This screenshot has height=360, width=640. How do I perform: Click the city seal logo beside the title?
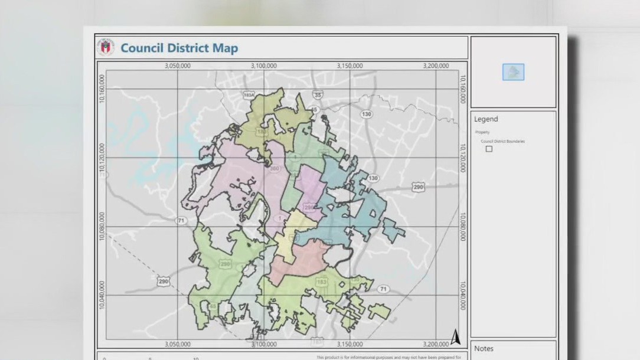coord(106,47)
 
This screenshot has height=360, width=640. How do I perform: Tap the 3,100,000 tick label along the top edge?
coord(263,66)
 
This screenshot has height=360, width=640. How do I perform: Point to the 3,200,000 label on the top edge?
coord(435,66)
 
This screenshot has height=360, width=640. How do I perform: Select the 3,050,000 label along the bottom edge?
coord(177,344)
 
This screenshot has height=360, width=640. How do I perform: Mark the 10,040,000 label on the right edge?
coord(463,295)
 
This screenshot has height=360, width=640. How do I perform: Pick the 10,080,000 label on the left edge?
coord(102,227)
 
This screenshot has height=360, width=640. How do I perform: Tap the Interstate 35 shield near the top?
coord(318,94)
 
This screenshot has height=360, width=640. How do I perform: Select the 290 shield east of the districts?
coord(418,187)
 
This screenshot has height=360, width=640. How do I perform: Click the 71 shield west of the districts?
coord(181,220)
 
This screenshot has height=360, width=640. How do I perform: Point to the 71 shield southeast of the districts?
coord(384,289)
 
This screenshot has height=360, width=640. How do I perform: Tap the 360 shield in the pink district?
coord(274,169)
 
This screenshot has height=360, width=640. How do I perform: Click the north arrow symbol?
coord(455,337)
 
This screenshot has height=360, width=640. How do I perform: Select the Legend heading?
coord(486,119)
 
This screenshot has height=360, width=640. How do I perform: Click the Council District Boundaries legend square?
coord(489,149)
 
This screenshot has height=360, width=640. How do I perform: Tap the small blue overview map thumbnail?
coord(513,72)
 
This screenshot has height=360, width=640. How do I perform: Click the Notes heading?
coord(484,348)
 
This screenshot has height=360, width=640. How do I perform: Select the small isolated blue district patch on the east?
coord(393,230)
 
